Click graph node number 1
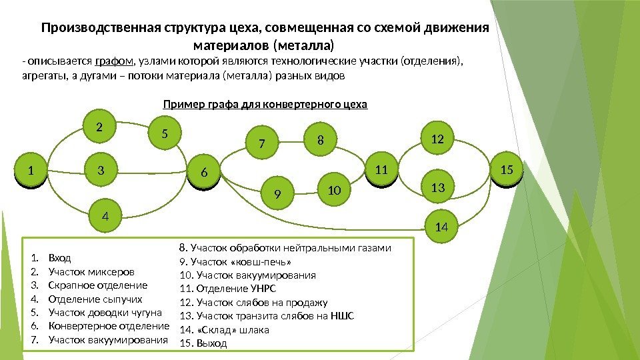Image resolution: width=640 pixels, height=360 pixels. pos(29,171)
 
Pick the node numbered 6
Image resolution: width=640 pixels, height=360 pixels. pos(205,173)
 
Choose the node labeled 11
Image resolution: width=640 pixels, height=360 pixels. pos(381,170)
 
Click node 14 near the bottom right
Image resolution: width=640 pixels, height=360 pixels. pos(441,227)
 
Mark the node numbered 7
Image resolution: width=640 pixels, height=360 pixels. pos(262,143)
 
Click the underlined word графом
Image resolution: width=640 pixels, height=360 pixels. pos(114,62)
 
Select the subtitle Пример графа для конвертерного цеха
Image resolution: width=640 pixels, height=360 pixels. pos(265,105)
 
